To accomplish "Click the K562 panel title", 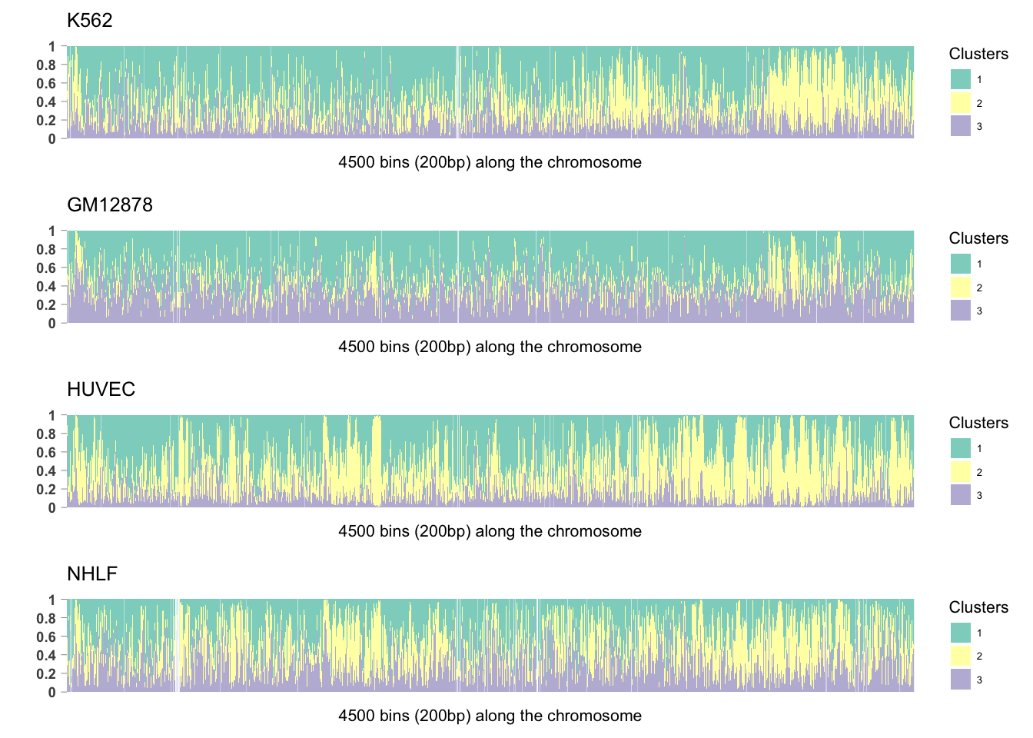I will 90,21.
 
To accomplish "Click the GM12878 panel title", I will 110,205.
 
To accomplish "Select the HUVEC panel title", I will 101,390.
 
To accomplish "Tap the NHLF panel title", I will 92,574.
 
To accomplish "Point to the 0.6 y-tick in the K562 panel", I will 48,84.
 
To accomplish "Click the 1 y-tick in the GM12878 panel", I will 52,231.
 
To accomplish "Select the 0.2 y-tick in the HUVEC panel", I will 48,490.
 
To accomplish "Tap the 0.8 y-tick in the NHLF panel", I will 48,619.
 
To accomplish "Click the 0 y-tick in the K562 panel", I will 52,139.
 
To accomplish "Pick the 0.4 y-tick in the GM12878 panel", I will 48,287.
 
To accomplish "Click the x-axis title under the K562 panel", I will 490,162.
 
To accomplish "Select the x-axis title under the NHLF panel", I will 490,716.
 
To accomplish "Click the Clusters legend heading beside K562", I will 978,54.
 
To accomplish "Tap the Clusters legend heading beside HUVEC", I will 978,423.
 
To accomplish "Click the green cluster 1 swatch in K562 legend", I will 961,79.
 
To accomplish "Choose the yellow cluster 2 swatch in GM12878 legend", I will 961,288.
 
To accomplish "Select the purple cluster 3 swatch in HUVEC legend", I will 961,495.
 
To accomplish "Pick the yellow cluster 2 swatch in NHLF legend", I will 961,656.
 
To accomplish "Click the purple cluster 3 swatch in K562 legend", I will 961,126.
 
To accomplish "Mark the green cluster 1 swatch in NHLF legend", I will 961,633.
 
